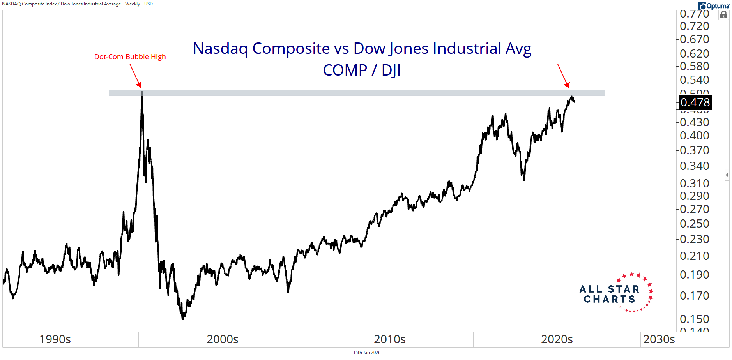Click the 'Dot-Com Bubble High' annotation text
point(130,57)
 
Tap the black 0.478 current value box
point(695,102)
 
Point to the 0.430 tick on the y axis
point(694,122)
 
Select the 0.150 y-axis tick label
point(694,319)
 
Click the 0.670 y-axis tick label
point(694,39)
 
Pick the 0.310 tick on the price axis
point(694,184)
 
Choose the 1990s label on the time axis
point(55,339)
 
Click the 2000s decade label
point(222,339)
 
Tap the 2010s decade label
point(389,339)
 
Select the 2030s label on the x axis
point(659,339)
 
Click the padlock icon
point(724,15)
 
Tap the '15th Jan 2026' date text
point(366,353)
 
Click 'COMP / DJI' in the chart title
point(362,71)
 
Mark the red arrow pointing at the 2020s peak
point(563,76)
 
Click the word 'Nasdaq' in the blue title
point(220,49)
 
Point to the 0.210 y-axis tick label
point(694,256)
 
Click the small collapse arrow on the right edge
point(727,175)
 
